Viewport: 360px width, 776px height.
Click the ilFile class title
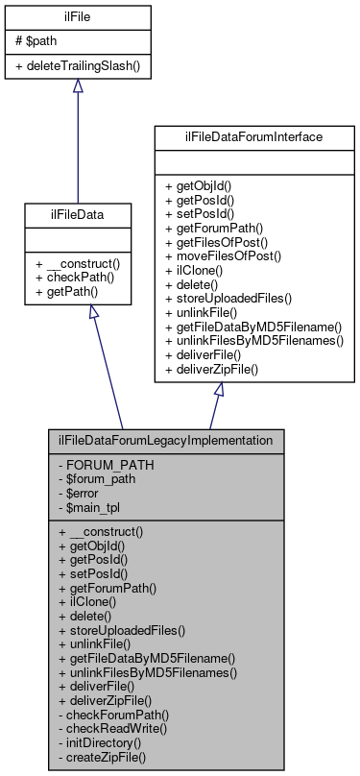coord(78,16)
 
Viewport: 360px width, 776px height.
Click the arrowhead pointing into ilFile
coord(78,86)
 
